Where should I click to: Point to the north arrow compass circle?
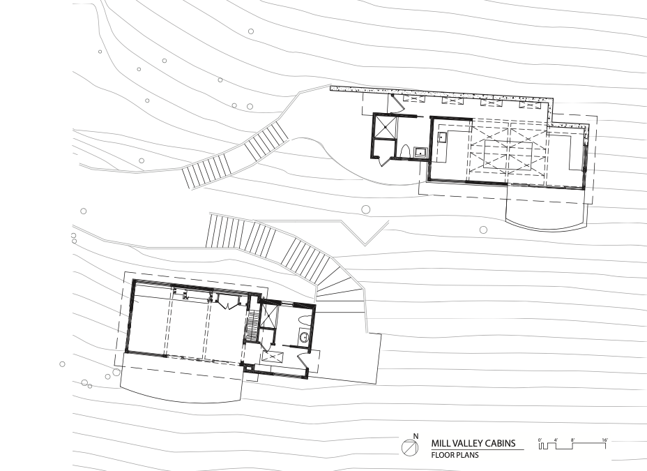410,447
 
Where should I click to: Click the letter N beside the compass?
416,436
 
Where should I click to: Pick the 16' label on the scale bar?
604,440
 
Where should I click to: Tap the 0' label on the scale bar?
540,440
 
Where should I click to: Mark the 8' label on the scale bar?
572,440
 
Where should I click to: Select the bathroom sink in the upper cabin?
420,152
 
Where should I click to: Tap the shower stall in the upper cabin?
385,127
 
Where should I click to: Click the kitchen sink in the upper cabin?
442,137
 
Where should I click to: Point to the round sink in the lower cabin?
304,338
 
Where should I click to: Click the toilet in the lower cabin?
304,321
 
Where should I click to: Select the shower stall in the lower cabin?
269,316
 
